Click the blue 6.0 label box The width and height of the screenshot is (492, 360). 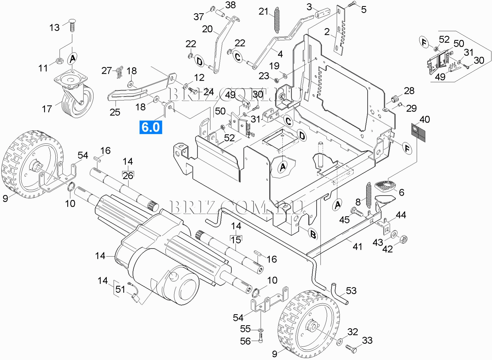click(150, 127)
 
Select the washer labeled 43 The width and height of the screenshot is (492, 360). click(394, 234)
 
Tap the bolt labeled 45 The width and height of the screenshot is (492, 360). click(357, 212)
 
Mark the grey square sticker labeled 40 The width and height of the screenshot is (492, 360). click(418, 132)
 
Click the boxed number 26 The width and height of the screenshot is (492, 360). click(128, 175)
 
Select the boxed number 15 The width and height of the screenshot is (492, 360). click(236, 240)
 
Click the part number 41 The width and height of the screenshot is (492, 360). click(357, 246)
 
